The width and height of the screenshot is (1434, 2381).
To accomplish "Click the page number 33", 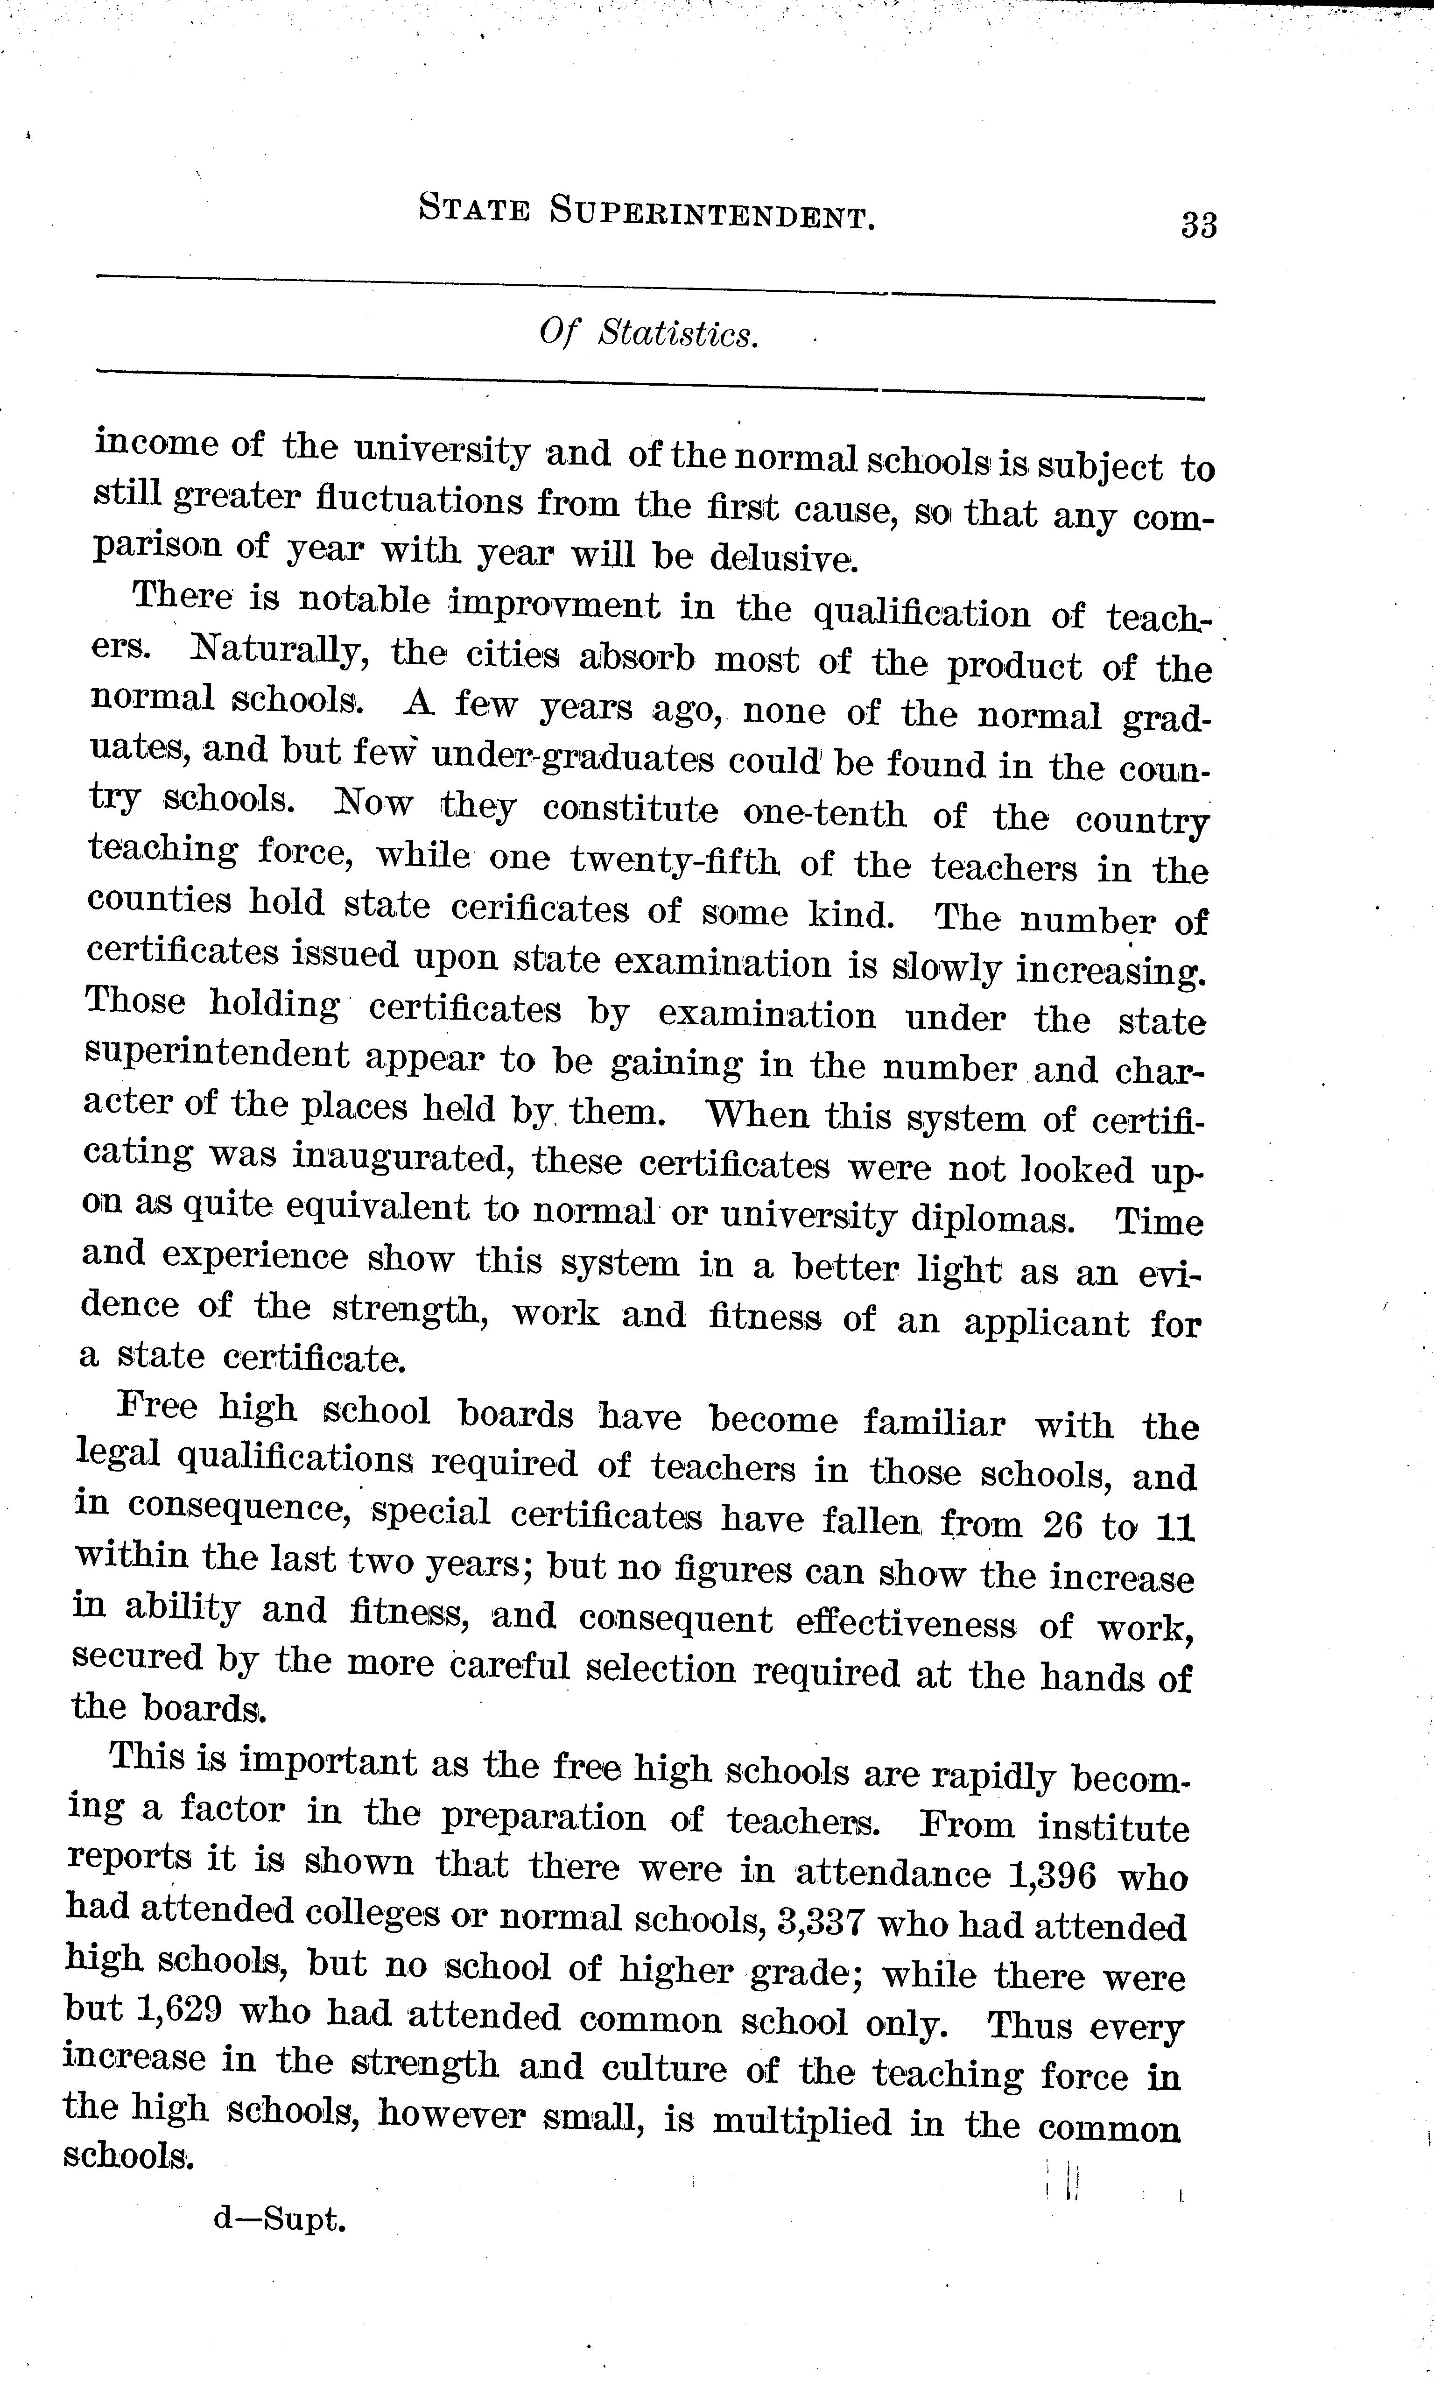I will coord(1198,225).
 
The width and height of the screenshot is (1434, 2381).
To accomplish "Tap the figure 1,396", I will coord(1051,1875).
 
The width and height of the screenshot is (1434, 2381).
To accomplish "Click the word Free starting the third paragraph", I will coord(156,1407).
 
